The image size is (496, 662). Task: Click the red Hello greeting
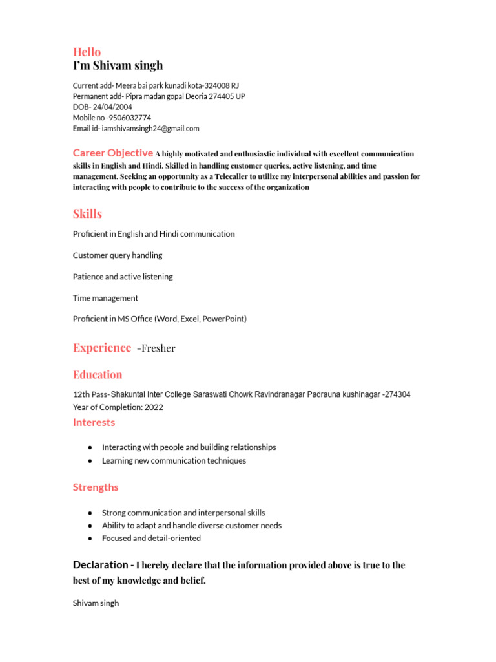click(x=87, y=52)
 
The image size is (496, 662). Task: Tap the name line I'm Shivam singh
click(x=118, y=66)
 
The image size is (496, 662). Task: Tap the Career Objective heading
click(x=112, y=153)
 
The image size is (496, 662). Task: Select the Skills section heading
click(x=87, y=214)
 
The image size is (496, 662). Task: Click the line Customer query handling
click(x=118, y=255)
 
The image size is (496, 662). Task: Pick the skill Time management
click(x=105, y=298)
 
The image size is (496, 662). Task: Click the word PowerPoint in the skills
click(x=223, y=319)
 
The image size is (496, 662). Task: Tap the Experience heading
click(x=101, y=348)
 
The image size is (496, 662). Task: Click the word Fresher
click(x=158, y=348)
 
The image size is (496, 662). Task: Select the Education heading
click(x=98, y=374)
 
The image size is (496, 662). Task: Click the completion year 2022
click(x=154, y=407)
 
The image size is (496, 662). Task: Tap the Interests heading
click(x=94, y=423)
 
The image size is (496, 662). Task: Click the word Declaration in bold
click(x=101, y=565)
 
